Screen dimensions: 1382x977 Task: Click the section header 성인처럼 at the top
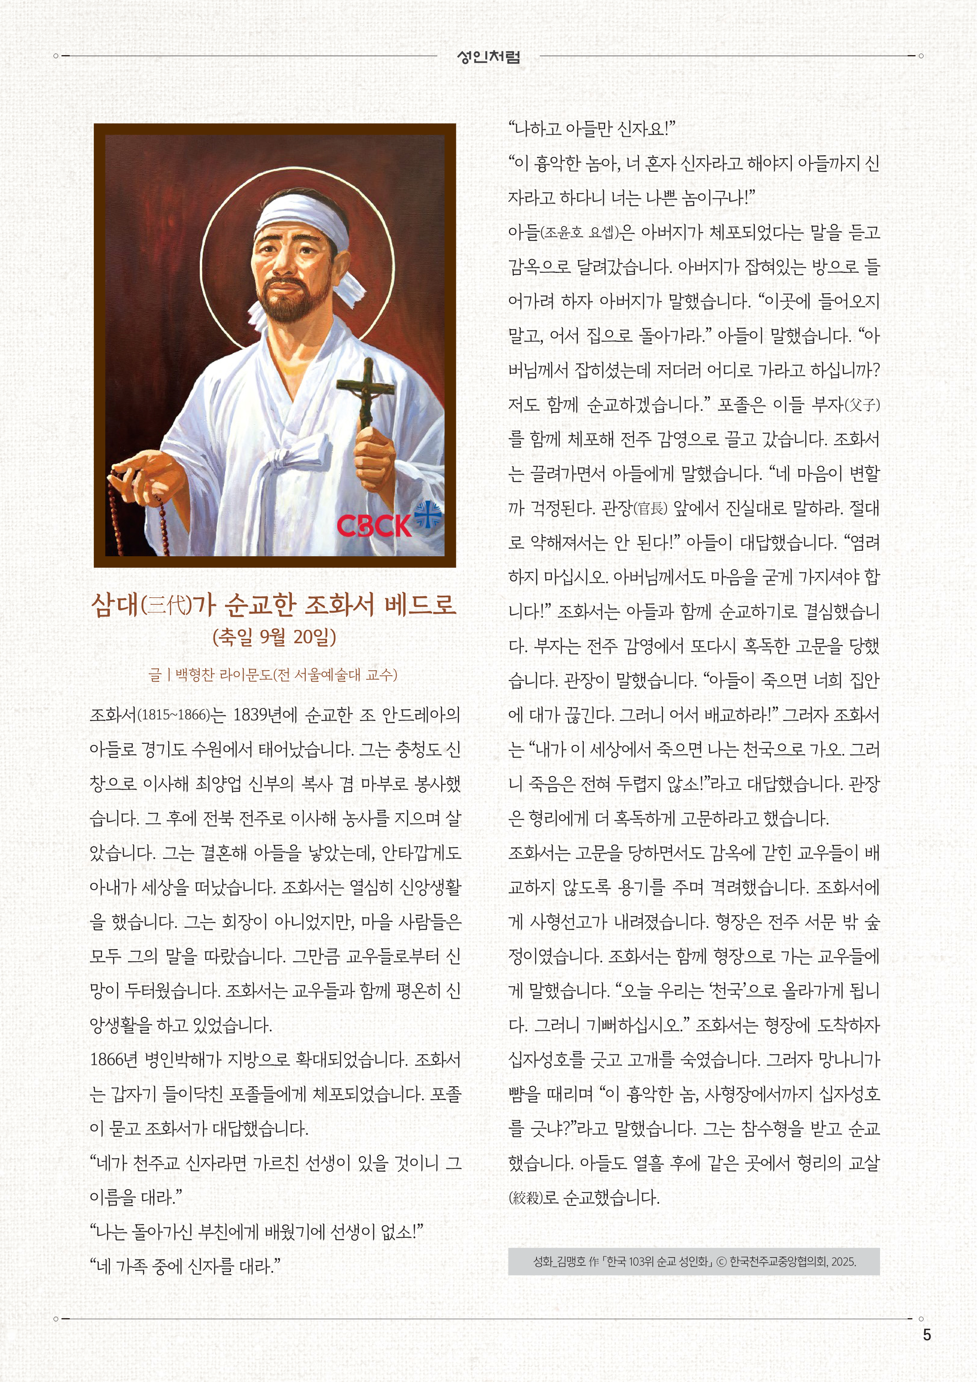[x=488, y=57]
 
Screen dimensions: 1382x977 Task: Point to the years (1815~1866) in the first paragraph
[x=174, y=715]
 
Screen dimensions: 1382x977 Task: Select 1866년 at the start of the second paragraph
[x=114, y=1059]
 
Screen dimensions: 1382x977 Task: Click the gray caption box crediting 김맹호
[x=693, y=1261]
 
